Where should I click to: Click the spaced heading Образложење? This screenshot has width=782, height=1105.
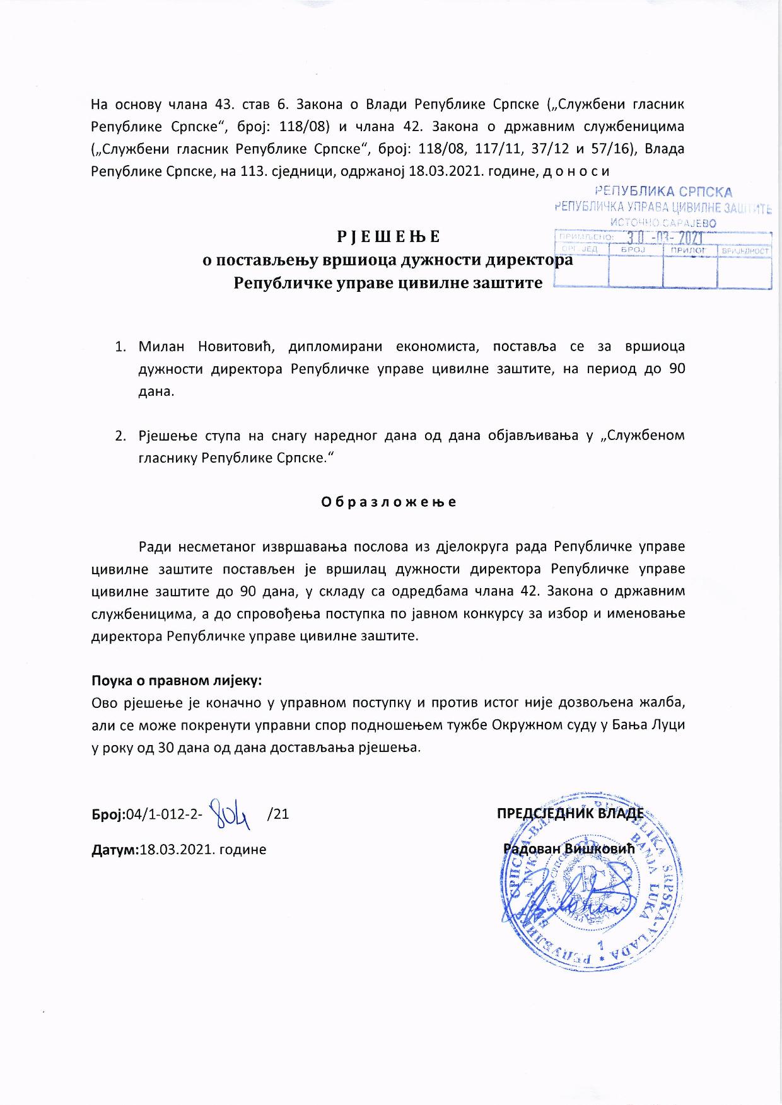tap(389, 502)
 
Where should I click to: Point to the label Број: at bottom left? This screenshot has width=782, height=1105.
tap(109, 814)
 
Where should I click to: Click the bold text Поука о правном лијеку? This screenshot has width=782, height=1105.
tap(177, 681)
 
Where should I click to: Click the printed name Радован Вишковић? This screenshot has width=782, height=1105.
tap(568, 848)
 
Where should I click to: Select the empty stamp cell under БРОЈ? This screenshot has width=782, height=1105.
tap(635, 272)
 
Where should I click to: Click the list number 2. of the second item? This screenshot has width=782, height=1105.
tap(120, 436)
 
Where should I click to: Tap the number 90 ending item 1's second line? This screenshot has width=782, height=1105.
tap(676, 369)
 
